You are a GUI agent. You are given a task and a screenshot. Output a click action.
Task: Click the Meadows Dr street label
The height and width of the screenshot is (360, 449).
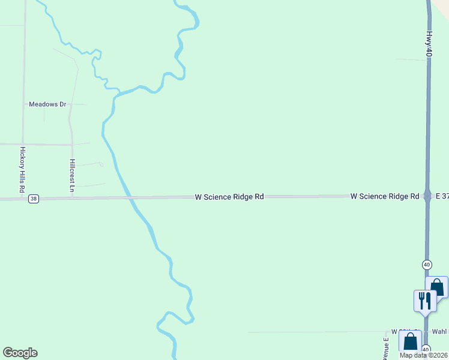(x=47, y=104)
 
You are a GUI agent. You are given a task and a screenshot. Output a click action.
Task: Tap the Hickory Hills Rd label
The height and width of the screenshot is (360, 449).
(x=22, y=170)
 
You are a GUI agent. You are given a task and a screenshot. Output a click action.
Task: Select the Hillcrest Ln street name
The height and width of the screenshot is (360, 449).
(x=72, y=175)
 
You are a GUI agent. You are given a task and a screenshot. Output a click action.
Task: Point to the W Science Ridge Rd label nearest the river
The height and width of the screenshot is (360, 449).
(x=229, y=197)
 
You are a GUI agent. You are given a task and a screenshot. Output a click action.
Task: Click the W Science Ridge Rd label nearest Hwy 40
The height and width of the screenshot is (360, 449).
(x=385, y=196)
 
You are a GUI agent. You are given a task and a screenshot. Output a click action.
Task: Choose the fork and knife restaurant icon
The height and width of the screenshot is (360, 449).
(x=425, y=300)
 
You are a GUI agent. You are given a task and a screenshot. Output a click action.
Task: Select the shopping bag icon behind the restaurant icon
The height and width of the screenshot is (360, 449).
(x=438, y=287)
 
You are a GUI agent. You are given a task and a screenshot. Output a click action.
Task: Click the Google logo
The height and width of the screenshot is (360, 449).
(x=20, y=353)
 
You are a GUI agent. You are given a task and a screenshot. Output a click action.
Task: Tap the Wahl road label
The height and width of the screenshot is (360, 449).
(x=440, y=332)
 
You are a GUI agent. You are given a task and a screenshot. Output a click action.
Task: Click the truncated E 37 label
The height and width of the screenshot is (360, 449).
(x=442, y=196)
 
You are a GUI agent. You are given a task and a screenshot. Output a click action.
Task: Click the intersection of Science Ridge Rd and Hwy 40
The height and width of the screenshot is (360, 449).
(x=428, y=196)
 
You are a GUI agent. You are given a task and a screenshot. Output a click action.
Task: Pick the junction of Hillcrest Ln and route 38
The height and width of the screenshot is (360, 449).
(x=73, y=197)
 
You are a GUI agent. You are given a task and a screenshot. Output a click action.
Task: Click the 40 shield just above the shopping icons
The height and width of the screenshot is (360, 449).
(x=426, y=264)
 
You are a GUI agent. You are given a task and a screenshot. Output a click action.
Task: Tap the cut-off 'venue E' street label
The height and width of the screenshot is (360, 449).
(x=386, y=348)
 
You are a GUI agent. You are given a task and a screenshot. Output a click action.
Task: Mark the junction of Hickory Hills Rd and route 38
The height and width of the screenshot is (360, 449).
(x=23, y=199)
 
